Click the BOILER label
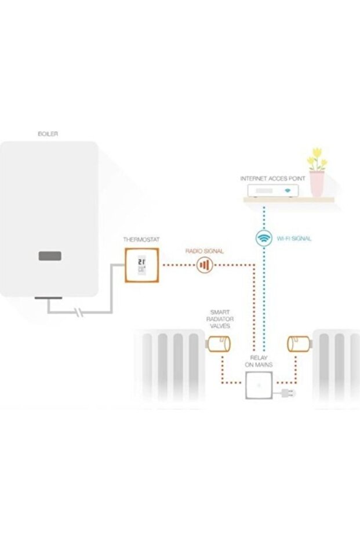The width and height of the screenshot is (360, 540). pos(48,134)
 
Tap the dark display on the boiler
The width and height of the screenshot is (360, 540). pos(50,256)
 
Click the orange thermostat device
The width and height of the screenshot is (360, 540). pos(141,265)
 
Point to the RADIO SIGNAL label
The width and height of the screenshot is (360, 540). pos(204,251)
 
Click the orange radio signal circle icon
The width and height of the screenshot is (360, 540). pos(203,265)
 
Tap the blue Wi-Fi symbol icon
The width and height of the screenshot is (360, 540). pos(264,238)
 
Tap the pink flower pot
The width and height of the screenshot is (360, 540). pos(317,183)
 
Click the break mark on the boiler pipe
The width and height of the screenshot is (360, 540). pos(80,314)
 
